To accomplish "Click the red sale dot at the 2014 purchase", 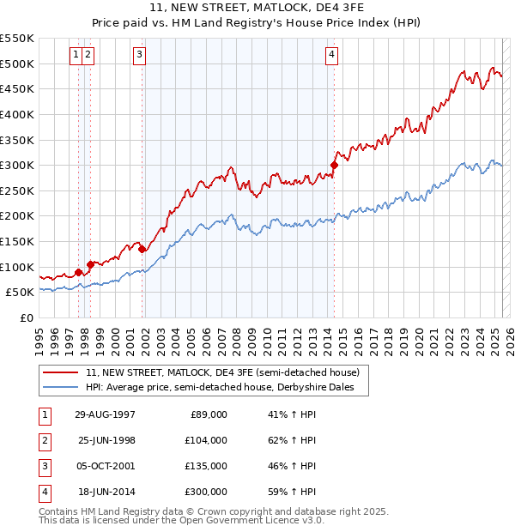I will (334, 166).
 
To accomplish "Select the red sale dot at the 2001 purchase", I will (142, 249).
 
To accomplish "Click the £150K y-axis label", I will (17, 241).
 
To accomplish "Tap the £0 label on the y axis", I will (26, 317).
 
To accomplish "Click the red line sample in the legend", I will (62, 372).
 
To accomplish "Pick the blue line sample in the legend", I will (62, 388).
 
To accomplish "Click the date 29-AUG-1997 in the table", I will (106, 414).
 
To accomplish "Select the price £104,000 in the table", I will (206, 440).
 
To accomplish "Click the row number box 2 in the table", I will (44, 440).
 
